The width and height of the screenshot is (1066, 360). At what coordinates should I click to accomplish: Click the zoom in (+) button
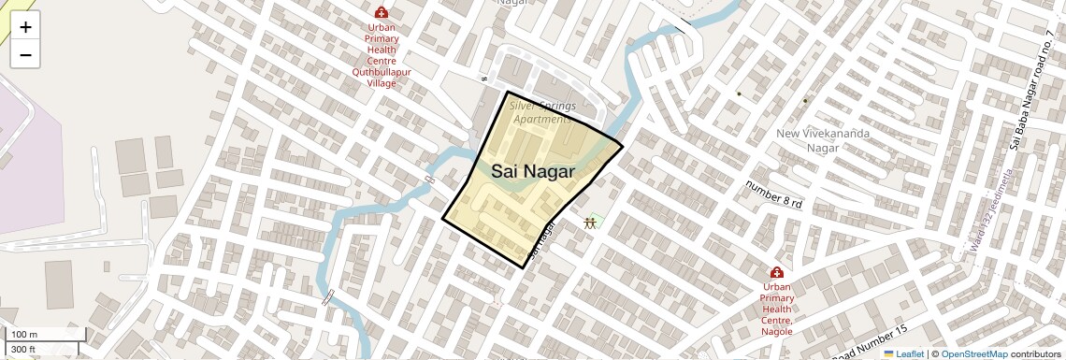pos(25,27)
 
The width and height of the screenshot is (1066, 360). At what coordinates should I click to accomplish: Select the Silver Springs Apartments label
pos(542,112)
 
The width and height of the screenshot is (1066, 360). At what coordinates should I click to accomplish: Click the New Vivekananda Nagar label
pos(823,140)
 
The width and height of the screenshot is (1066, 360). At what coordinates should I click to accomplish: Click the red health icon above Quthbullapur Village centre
pos(382,12)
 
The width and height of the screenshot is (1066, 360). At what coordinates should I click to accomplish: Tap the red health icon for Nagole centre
pos(776,271)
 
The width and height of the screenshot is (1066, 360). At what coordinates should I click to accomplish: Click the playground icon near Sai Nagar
pos(590,223)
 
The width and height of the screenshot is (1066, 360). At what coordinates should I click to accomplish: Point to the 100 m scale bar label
pos(25,335)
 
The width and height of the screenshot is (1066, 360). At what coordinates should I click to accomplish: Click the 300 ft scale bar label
pos(23,350)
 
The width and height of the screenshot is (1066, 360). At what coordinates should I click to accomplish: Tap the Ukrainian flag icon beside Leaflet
pos(888,353)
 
